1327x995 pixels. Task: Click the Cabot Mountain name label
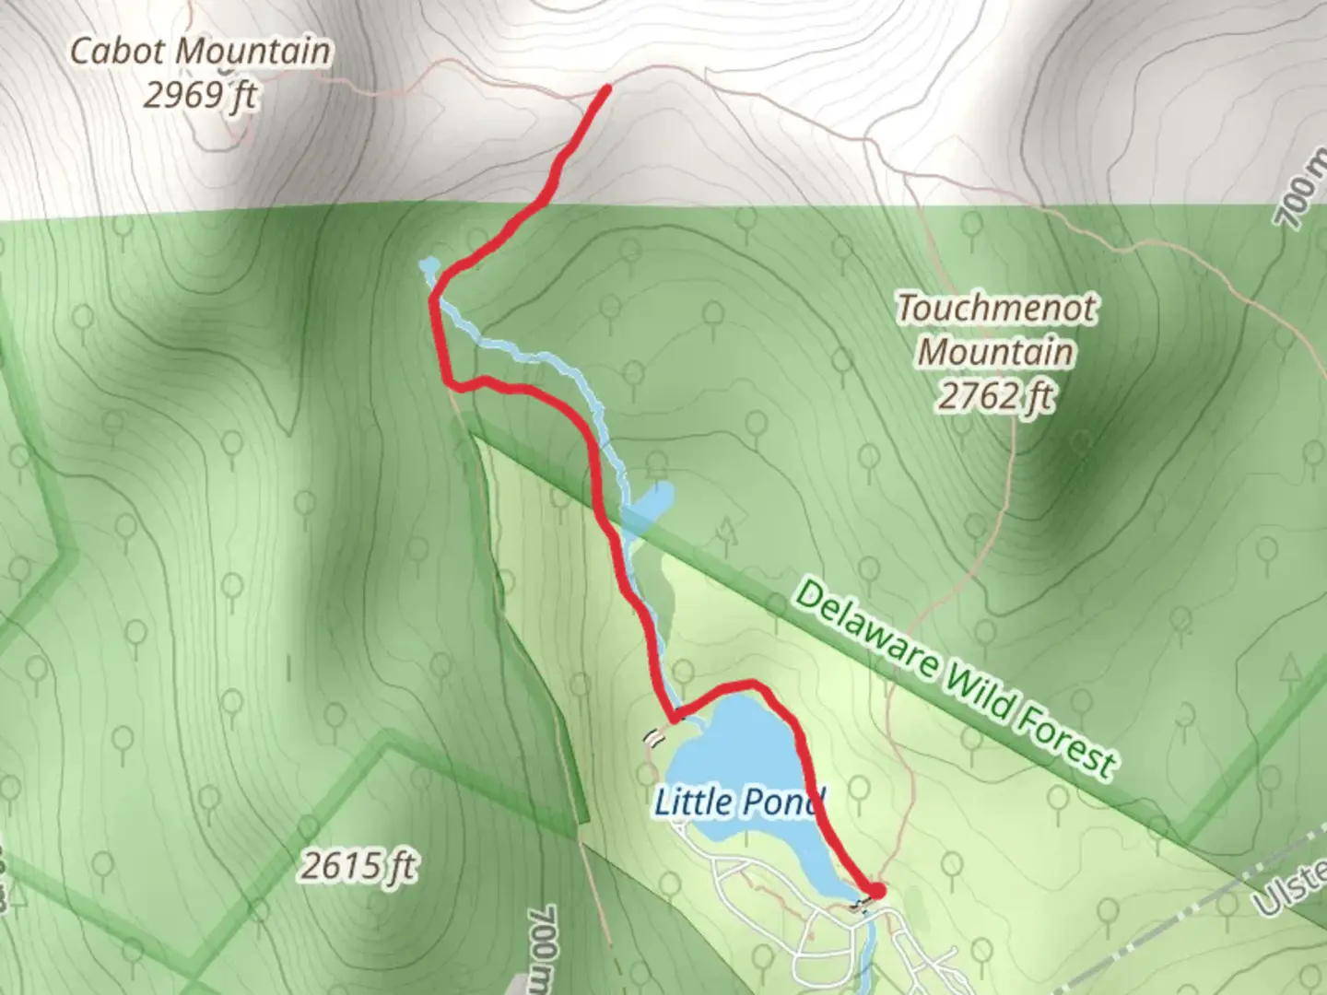[x=200, y=51]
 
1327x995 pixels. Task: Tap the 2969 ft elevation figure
[x=200, y=94]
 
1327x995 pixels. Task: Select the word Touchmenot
[x=997, y=308]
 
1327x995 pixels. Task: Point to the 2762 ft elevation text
[x=996, y=396]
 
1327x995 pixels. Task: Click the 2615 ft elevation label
[x=358, y=866]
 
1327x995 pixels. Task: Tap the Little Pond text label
[x=738, y=802]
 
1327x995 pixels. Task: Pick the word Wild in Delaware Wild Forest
[x=977, y=690]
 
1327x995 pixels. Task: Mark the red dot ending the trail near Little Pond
[x=875, y=891]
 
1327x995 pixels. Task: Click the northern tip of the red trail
[x=606, y=89]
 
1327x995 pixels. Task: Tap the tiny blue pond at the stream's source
[x=428, y=267]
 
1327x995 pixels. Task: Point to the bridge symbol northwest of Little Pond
[x=653, y=736]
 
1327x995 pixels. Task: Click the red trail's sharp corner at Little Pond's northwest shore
[x=675, y=717]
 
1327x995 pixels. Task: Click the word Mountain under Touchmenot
[x=996, y=352]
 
